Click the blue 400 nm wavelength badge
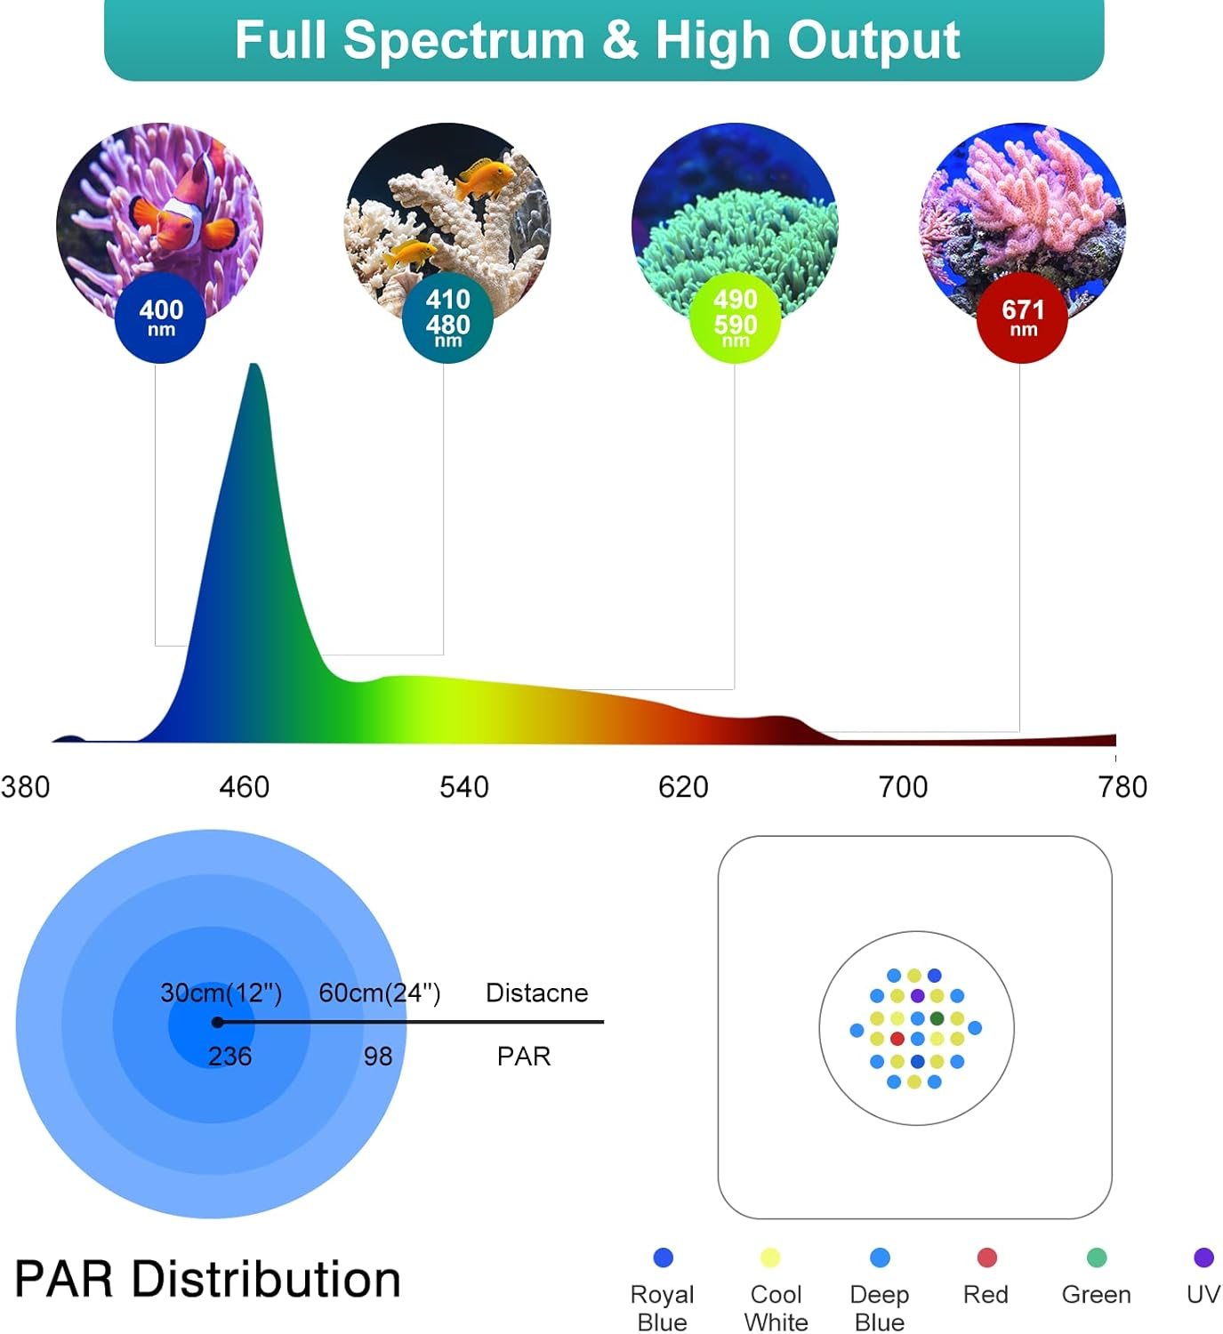click(x=160, y=317)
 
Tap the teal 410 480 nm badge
click(x=447, y=317)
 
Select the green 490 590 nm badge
click(x=735, y=318)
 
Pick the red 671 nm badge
click(x=1022, y=317)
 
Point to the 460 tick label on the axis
click(x=244, y=787)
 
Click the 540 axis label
click(x=463, y=787)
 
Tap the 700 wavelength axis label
click(x=903, y=787)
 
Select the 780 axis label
click(x=1122, y=787)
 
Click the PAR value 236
click(x=229, y=1057)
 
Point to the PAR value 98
click(x=378, y=1057)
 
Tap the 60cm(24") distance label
click(x=380, y=992)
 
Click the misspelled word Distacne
click(x=536, y=992)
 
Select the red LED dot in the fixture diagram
click(x=897, y=1039)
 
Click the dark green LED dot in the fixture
click(x=937, y=1018)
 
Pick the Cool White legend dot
click(x=770, y=1258)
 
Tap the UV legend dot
click(x=1203, y=1258)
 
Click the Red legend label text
click(x=986, y=1295)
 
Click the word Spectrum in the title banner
click(x=463, y=40)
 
